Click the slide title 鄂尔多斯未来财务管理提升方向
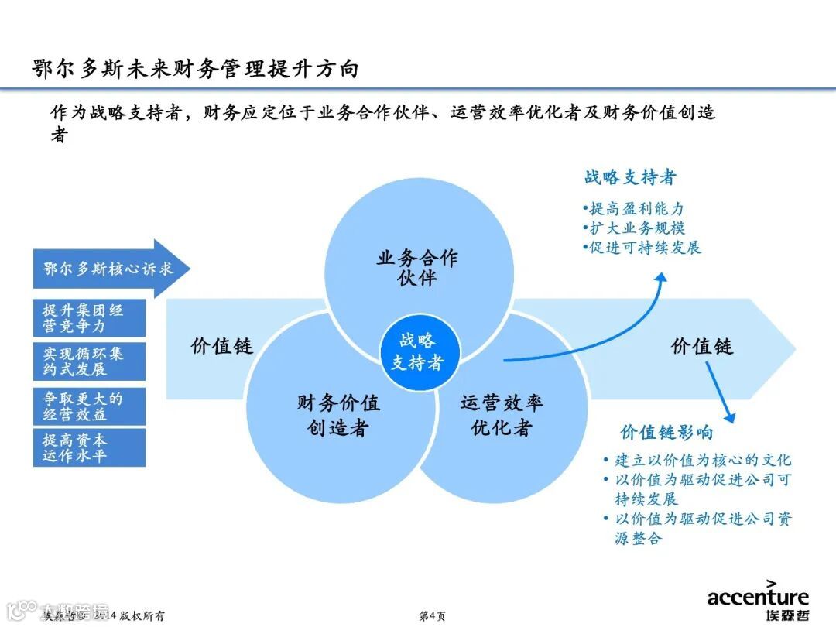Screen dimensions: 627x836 195,69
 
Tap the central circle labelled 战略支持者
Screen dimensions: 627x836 417,351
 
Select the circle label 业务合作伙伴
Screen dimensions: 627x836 417,268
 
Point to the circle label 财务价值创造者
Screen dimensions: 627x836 338,415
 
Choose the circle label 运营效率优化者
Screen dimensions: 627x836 502,415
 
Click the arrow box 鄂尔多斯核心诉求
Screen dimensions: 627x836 108,269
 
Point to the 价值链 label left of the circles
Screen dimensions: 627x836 222,346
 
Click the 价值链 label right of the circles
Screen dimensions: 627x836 701,346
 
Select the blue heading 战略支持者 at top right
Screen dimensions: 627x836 630,177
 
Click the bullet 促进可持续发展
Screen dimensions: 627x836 643,248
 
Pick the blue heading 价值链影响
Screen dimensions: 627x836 666,432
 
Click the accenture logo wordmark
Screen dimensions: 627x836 758,596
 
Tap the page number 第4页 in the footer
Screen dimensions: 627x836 432,616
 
